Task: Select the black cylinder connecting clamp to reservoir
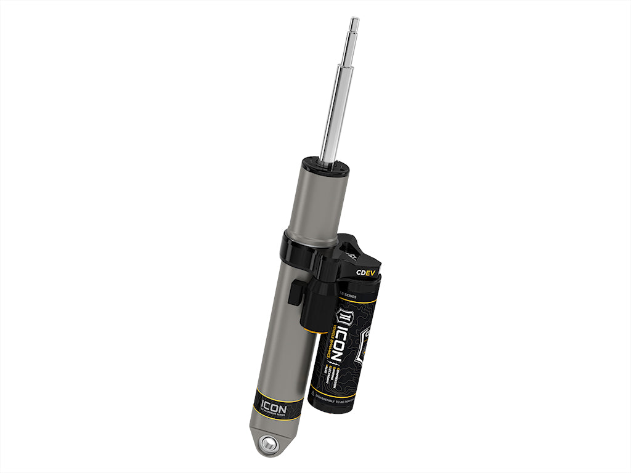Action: [319, 302]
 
